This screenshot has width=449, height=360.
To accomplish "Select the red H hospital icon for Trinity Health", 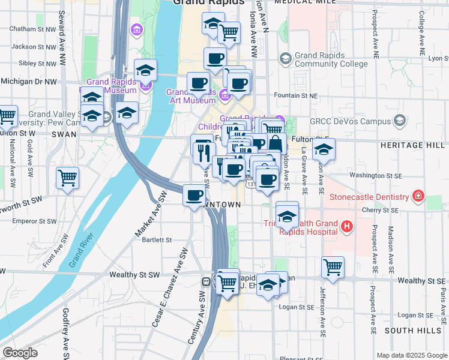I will tap(346, 226).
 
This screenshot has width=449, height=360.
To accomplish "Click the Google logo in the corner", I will tap(20, 353).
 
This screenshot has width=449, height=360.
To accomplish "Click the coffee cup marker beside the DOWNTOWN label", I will tap(194, 196).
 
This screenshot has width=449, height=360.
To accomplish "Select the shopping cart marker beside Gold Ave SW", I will tap(67, 177).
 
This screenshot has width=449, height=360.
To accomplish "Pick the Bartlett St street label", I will tap(157, 240).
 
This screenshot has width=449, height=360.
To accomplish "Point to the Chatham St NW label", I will tap(32, 28).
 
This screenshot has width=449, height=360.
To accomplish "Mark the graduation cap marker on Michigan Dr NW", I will tap(145, 70).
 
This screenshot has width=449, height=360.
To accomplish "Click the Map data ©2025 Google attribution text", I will tap(411, 355).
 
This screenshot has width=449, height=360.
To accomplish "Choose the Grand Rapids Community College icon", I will tap(285, 58).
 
